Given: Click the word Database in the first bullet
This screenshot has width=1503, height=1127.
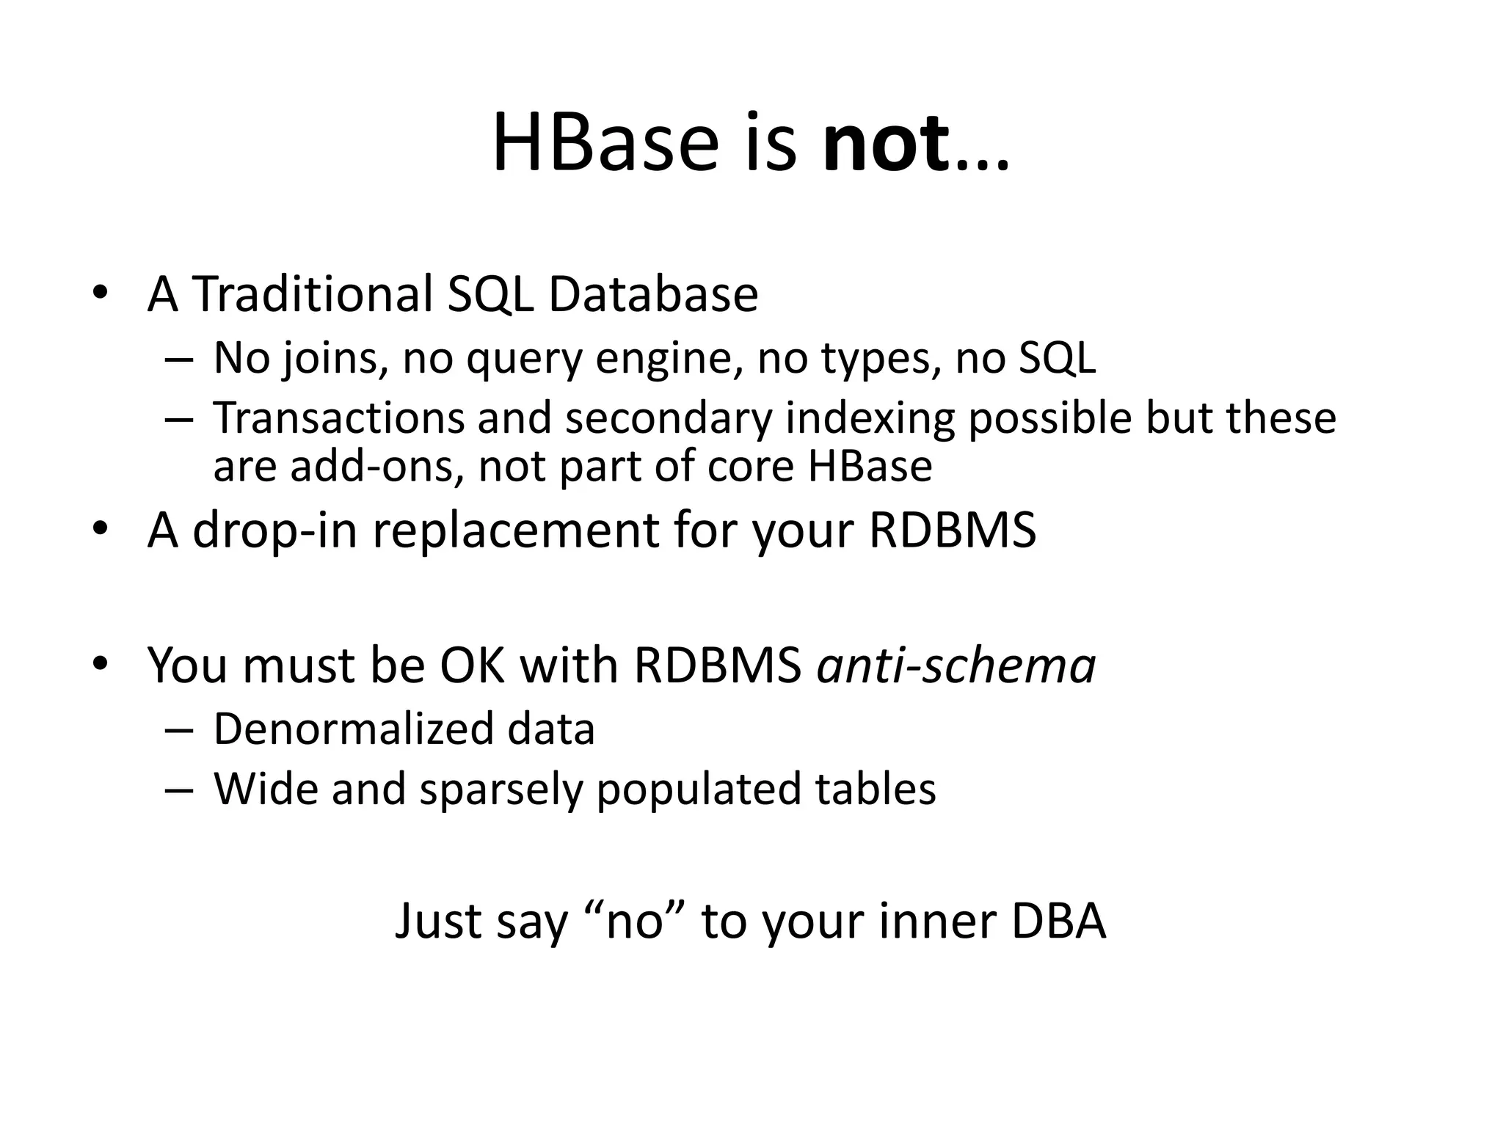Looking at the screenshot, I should click(x=653, y=294).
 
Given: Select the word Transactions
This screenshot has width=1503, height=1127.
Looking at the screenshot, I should click(x=339, y=417).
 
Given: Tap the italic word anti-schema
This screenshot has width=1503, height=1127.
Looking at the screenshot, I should click(x=956, y=665).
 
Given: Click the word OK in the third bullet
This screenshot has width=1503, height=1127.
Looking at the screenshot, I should click(x=472, y=665).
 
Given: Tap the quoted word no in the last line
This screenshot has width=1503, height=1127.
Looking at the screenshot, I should click(x=636, y=922).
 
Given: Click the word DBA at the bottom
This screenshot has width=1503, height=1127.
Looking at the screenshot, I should click(x=1058, y=922).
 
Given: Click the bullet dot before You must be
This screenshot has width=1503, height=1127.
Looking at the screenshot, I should click(x=101, y=664).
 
